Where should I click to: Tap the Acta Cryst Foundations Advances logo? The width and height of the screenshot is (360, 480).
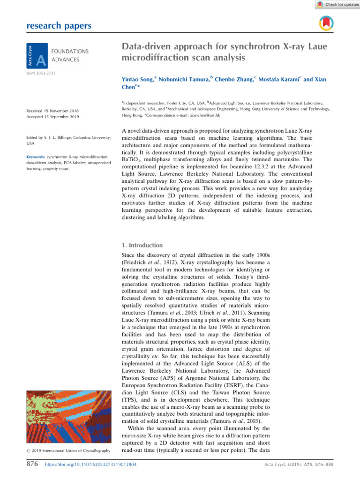tap(57, 53)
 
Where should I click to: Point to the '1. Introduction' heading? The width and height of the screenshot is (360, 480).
tap(142, 245)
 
